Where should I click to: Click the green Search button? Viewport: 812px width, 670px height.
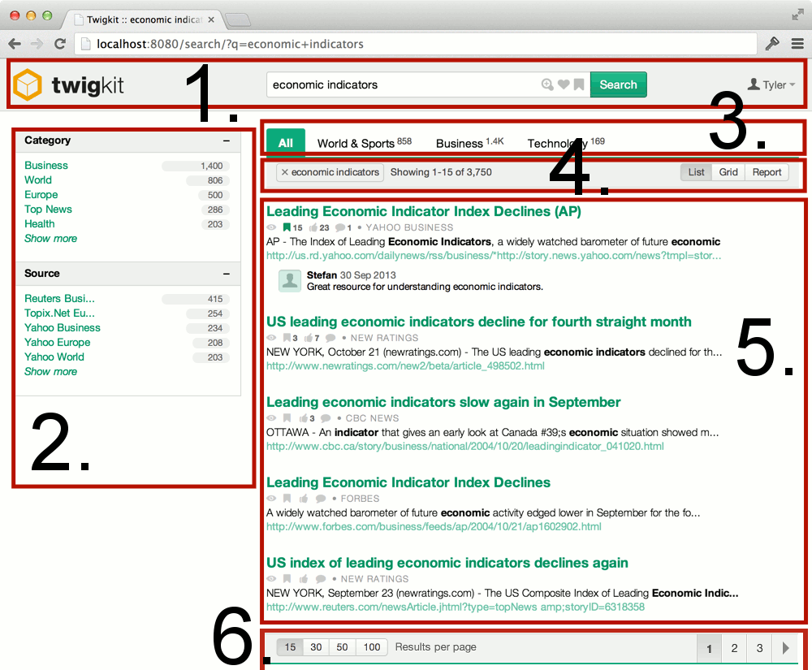click(618, 84)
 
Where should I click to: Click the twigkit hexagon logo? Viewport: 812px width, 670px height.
click(27, 84)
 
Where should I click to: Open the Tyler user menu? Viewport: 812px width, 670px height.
click(771, 84)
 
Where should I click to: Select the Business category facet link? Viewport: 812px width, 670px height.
click(46, 166)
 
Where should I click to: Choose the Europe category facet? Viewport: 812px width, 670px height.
click(41, 195)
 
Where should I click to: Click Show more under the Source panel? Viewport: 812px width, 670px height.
click(50, 372)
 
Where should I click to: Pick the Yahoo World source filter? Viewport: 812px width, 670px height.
click(54, 357)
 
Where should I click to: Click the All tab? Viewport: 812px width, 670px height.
click(286, 143)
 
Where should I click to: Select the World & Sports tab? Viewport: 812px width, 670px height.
click(356, 144)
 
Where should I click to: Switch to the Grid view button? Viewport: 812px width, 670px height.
click(728, 172)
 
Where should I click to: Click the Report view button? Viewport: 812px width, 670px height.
click(767, 172)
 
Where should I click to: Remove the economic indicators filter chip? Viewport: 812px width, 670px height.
click(285, 172)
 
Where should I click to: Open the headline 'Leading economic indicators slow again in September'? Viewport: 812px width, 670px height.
click(443, 402)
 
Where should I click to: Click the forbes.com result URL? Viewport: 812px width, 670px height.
click(434, 526)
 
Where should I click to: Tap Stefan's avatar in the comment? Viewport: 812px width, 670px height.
click(290, 280)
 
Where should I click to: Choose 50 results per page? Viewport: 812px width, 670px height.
click(343, 647)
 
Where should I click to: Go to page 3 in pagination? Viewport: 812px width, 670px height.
click(759, 648)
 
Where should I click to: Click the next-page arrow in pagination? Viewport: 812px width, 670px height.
click(785, 648)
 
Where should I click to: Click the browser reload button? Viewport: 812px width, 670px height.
click(60, 44)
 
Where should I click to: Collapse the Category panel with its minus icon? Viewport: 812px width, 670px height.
click(227, 140)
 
